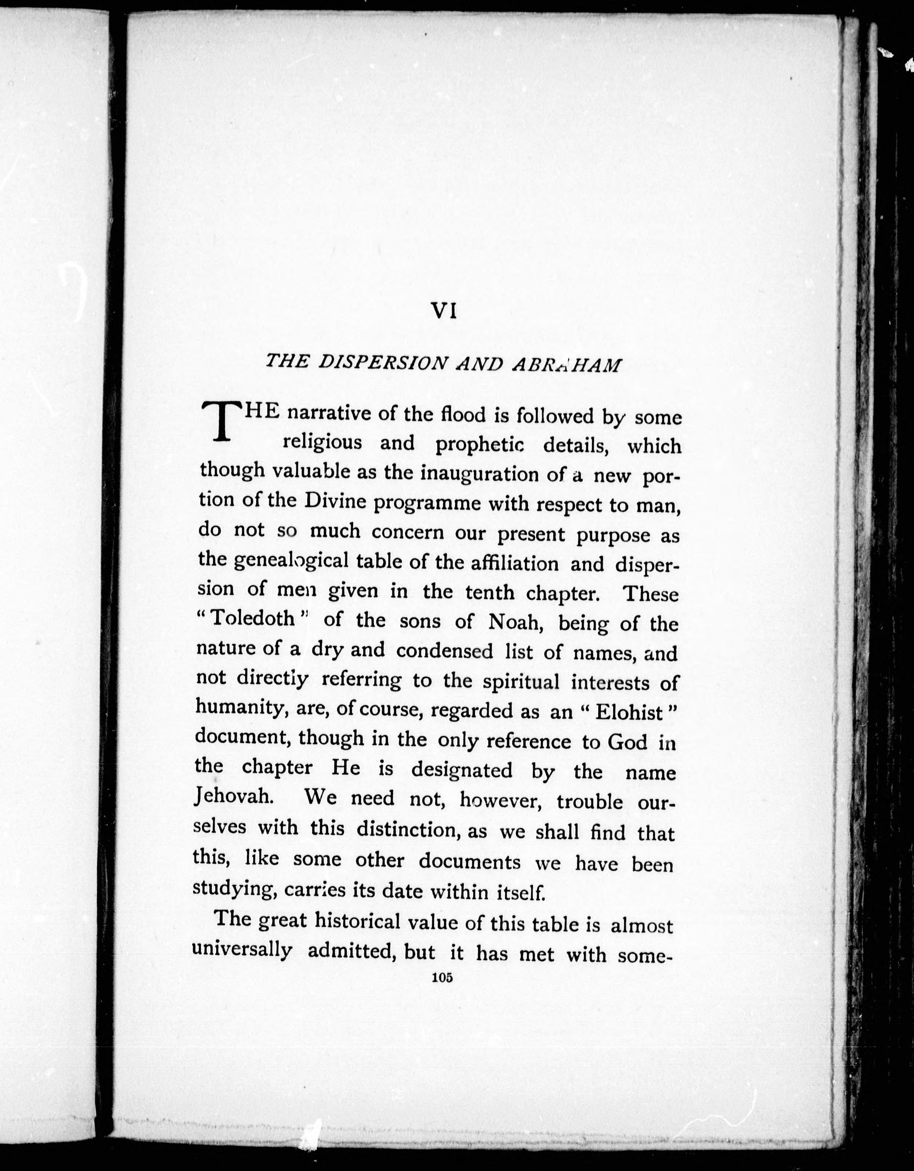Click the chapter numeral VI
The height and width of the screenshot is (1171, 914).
pyautogui.click(x=444, y=311)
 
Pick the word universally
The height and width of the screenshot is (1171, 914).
pyautogui.click(x=242, y=949)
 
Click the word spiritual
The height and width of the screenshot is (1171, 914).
pyautogui.click(x=521, y=681)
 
